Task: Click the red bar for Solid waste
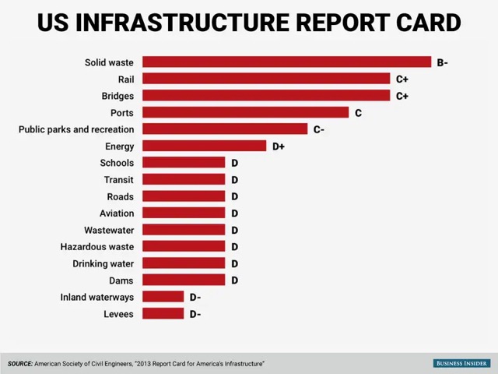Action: (x=286, y=62)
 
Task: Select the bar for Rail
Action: (x=266, y=79)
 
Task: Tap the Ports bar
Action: (x=245, y=113)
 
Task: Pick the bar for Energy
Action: (x=204, y=146)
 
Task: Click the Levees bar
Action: (x=163, y=314)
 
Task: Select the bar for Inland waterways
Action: (x=163, y=297)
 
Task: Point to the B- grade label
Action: (x=442, y=62)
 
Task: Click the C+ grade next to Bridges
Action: (x=402, y=96)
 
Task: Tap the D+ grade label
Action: (x=278, y=146)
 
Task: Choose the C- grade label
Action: (x=319, y=129)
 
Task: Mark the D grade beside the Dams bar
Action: (x=234, y=280)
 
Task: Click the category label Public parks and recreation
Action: (x=76, y=129)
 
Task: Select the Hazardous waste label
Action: (x=96, y=247)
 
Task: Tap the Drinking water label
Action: (x=103, y=263)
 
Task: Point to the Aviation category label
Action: (x=117, y=213)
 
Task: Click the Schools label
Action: (x=117, y=163)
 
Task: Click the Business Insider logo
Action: (x=461, y=363)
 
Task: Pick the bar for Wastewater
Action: (x=184, y=230)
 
